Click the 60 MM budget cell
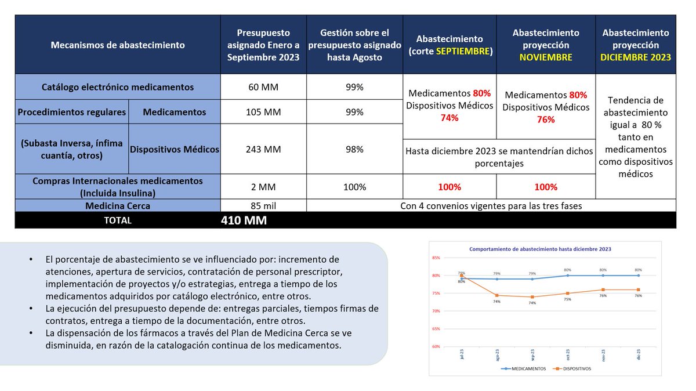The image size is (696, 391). pos(263,88)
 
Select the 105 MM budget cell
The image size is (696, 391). pos(263,112)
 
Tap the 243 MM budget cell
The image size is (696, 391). pos(263,149)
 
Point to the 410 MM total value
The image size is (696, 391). pos(244,220)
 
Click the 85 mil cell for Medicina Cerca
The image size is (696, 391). pos(263,205)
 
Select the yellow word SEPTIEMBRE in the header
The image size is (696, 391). pos(463,51)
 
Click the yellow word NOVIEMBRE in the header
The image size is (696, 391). pos(545,57)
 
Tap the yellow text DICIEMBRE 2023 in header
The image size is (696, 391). pos(636,57)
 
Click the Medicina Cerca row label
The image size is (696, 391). pos(118,205)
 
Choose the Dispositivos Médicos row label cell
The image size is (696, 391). pos(174,149)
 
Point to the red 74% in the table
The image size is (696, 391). pos(449,118)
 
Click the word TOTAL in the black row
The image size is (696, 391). pos(118,220)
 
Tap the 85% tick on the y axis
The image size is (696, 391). pos(436,258)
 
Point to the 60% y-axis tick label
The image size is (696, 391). pos(436,347)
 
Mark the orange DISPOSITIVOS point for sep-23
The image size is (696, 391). pos(532,297)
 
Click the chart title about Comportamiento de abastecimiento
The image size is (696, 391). pos(540,249)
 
